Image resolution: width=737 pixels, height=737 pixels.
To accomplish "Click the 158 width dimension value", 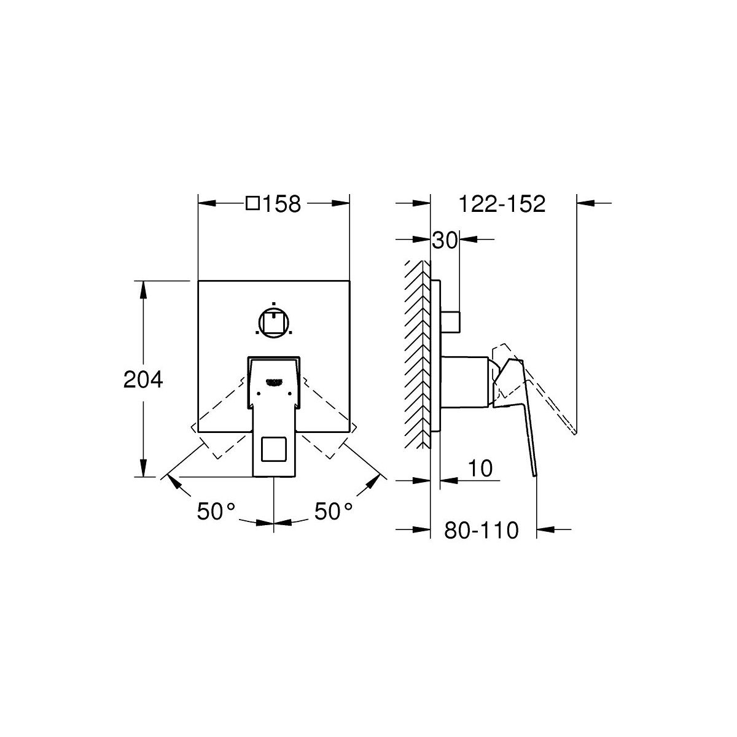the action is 282,204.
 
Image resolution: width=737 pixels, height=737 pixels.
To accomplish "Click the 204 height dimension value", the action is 143,380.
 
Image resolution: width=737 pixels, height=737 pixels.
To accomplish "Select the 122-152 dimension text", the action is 502,204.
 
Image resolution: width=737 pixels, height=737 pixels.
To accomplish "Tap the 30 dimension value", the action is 445,241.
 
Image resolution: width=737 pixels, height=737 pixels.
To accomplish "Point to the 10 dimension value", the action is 480,468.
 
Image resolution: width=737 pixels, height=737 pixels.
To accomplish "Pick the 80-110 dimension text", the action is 482,530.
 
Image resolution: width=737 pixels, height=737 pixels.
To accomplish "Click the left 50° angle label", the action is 216,511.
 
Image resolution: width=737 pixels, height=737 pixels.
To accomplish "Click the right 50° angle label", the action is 333,511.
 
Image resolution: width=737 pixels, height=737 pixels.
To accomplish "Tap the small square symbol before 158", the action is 253,203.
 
